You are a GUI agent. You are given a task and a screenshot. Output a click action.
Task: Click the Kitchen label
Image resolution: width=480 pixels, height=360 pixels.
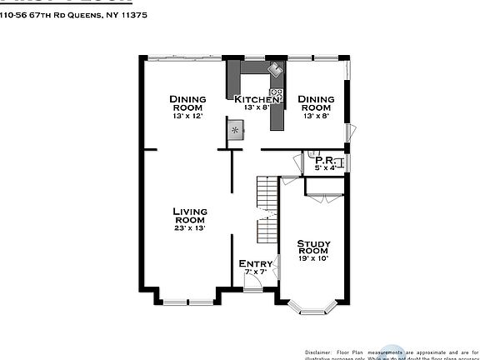256,99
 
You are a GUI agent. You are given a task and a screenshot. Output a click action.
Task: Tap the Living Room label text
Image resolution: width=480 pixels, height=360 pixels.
190,216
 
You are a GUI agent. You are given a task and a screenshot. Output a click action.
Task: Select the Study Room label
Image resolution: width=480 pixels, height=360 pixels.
314,247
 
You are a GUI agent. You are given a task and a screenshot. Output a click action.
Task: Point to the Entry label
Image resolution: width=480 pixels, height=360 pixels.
255,264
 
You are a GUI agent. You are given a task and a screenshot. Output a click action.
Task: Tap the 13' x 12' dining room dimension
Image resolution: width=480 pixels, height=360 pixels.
188,116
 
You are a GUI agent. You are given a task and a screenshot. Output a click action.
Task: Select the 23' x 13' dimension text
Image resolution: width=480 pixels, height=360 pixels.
190,227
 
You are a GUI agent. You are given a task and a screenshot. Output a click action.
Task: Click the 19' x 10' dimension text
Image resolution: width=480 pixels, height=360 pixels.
314,258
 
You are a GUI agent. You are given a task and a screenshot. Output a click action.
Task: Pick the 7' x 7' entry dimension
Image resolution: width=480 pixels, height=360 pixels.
254,272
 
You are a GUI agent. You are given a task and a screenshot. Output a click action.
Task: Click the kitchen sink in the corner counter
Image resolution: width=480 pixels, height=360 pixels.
274,71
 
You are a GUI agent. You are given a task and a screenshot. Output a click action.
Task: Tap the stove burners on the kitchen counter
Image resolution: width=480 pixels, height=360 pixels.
276,93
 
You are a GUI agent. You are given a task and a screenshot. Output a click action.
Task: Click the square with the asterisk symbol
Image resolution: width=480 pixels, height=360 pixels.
236,129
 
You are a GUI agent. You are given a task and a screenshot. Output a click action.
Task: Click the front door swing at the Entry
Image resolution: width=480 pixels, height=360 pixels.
252,282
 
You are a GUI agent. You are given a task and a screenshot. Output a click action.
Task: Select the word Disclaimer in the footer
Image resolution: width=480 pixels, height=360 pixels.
318,352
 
